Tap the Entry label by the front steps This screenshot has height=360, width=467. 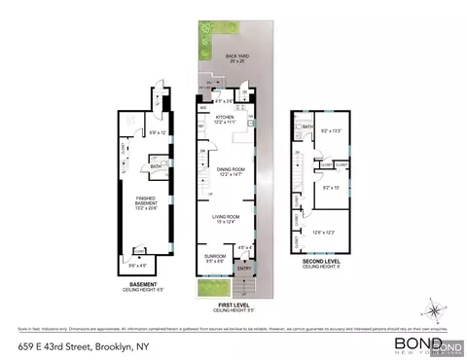pos(244,269)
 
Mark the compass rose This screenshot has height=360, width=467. pos(431,312)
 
